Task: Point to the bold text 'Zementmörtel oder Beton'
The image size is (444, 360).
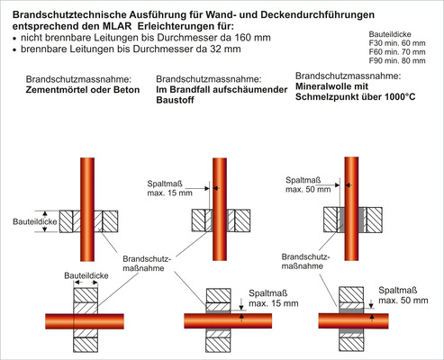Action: [x=76, y=91]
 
